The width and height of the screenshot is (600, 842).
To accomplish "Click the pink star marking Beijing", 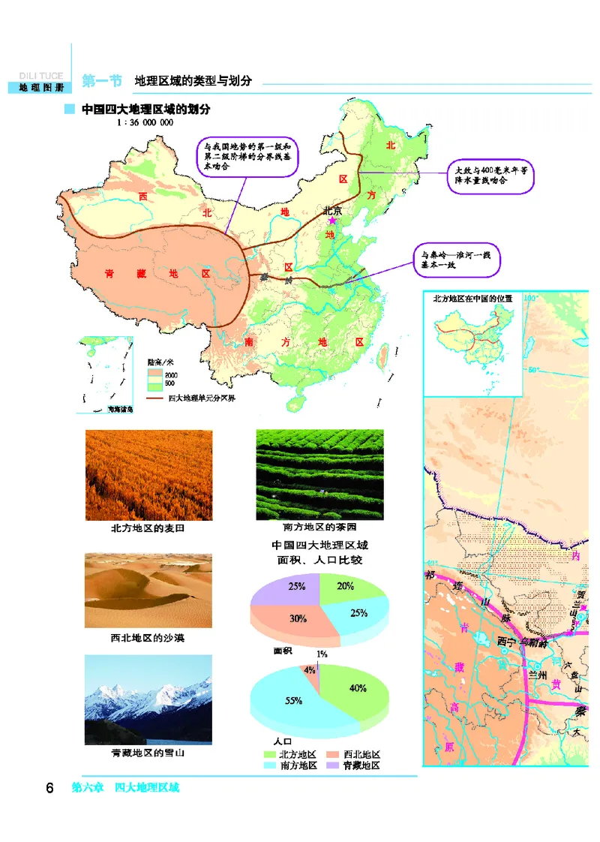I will [x=332, y=221].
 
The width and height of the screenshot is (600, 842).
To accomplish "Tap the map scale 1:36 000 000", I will [x=145, y=122].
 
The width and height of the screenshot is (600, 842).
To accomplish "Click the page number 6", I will [x=49, y=788].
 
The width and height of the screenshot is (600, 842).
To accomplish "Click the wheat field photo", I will [x=148, y=474].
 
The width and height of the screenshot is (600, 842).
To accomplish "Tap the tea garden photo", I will [x=319, y=474].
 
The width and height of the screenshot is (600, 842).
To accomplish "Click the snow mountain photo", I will [x=148, y=699].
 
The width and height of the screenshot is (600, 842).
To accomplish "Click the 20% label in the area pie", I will [x=346, y=587].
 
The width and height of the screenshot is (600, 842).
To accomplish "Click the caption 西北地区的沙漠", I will [x=148, y=639].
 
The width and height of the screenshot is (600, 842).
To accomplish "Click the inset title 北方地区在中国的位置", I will [x=473, y=299].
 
